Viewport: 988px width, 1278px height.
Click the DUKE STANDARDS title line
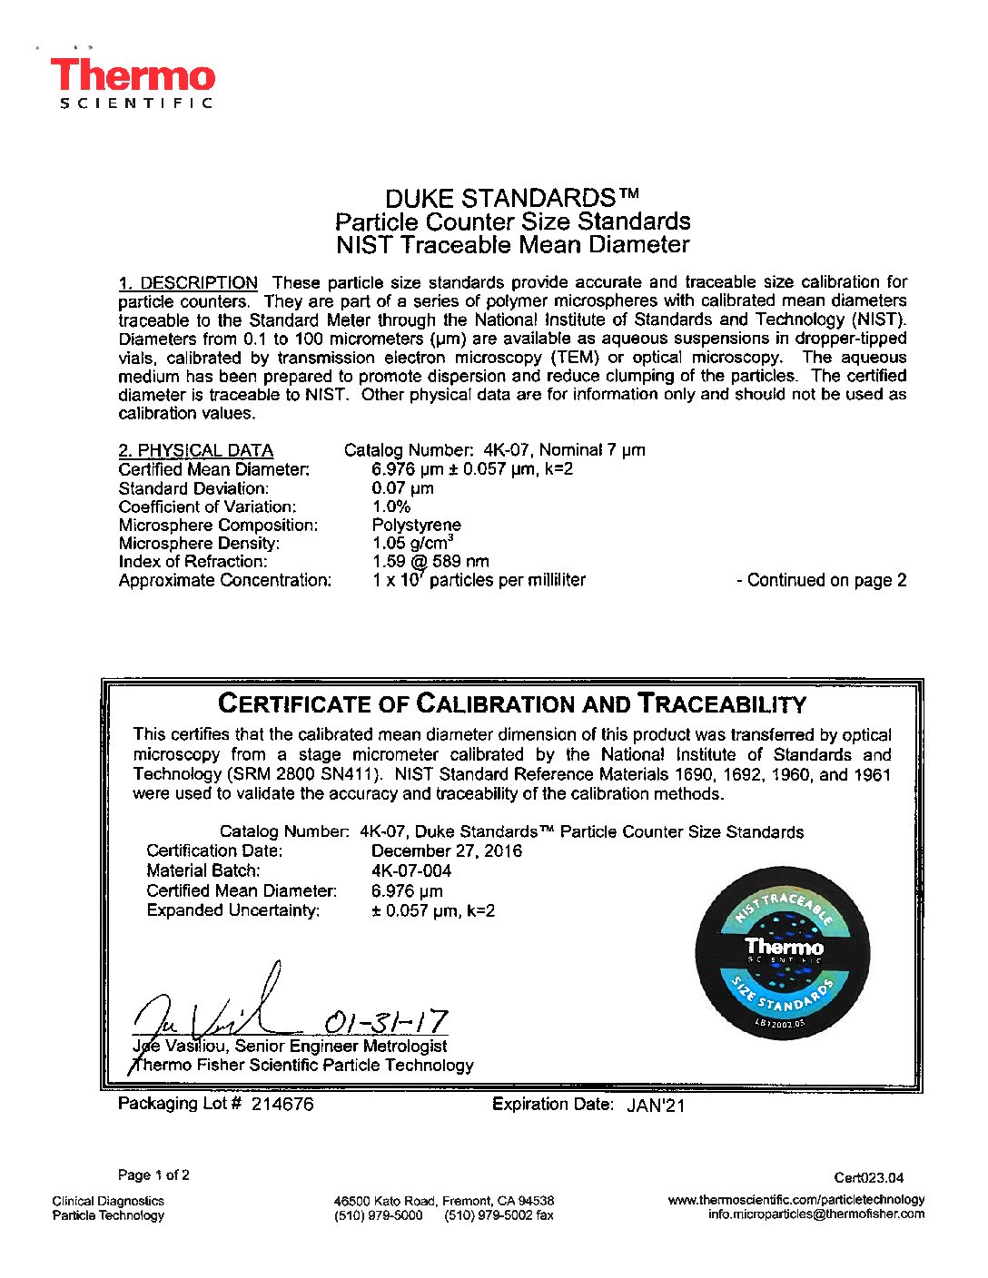[512, 198]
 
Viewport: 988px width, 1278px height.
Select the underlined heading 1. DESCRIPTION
[188, 282]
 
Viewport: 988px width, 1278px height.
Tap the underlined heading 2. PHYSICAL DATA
[195, 450]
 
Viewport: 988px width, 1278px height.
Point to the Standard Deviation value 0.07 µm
[402, 488]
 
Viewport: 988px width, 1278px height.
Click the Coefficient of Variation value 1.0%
[390, 506]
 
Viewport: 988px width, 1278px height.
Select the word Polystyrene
[416, 525]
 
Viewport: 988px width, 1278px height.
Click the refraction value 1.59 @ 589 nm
[430, 562]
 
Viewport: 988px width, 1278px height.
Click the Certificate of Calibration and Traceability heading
[512, 703]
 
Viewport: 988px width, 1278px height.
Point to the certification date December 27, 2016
[446, 850]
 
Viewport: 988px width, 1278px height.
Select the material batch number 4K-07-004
[411, 870]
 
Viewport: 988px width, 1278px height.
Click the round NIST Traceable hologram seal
[783, 953]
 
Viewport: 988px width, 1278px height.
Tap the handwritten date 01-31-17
[386, 1022]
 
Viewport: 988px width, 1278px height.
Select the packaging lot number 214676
[282, 1104]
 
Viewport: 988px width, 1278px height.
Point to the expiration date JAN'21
[656, 1105]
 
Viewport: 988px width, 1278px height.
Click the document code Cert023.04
[869, 1178]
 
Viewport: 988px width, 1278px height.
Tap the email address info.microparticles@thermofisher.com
[815, 1214]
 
